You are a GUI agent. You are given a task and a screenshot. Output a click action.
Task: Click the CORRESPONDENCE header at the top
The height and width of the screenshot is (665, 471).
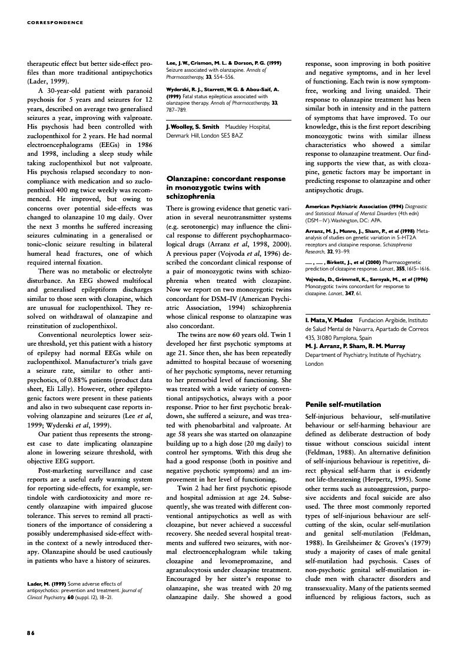[x=55, y=22]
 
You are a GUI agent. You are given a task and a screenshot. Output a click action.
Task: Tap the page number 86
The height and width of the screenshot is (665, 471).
[x=31, y=633]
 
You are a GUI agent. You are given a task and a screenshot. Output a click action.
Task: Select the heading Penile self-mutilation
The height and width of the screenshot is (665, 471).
[x=343, y=405]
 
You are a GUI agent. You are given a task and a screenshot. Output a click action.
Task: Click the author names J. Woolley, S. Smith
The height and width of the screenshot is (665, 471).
[x=194, y=126]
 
